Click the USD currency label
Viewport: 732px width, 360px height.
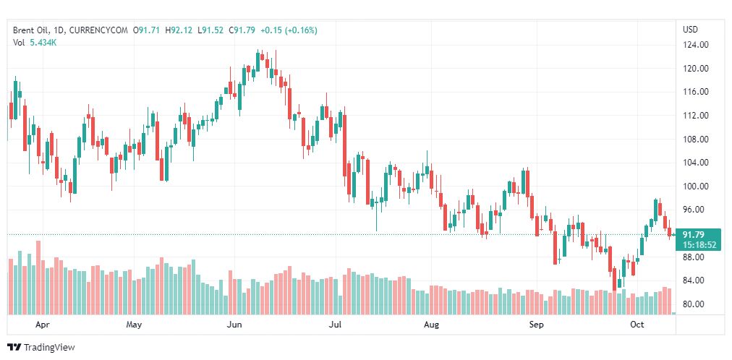click(x=690, y=30)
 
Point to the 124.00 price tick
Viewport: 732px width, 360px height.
click(x=695, y=45)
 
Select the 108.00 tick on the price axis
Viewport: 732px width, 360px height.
click(x=695, y=140)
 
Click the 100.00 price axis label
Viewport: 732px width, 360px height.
click(x=695, y=187)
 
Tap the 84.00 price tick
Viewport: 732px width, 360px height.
click(x=695, y=280)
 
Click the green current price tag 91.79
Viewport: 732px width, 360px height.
click(x=694, y=234)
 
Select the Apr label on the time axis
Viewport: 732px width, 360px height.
click(x=43, y=325)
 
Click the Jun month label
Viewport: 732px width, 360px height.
click(x=234, y=325)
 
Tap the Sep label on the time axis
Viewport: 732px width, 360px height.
click(x=536, y=325)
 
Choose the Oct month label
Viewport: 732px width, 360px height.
click(x=637, y=325)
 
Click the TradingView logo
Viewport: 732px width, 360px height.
click(x=41, y=348)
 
